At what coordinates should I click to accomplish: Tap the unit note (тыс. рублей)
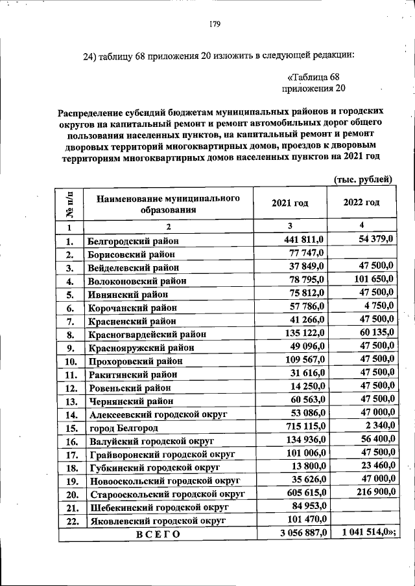click(362, 178)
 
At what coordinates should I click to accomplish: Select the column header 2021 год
click(290, 203)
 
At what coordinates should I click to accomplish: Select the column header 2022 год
click(361, 203)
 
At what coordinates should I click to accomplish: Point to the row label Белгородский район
click(133, 242)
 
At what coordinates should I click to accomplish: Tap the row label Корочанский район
click(130, 308)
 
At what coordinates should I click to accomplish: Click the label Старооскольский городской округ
click(167, 494)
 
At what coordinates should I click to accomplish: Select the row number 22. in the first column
click(71, 521)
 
